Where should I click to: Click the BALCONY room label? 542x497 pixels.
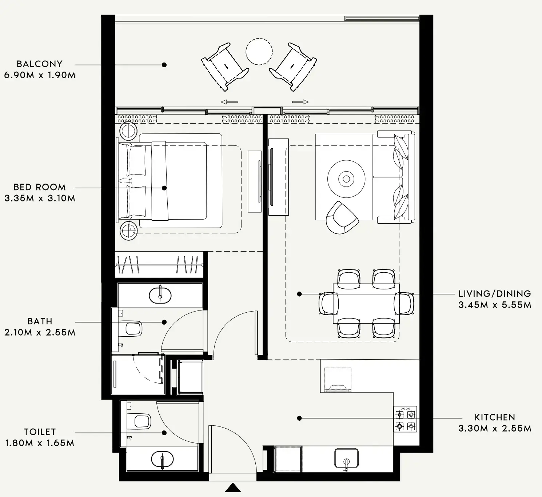click(39, 64)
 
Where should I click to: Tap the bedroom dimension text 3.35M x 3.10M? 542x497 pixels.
click(40, 199)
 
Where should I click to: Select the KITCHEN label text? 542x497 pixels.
click(494, 417)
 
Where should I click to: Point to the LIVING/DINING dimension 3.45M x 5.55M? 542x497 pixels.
click(494, 305)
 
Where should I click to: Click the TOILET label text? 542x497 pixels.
click(40, 432)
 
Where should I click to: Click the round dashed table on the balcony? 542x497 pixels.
click(259, 52)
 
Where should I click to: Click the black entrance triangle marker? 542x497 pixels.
click(233, 488)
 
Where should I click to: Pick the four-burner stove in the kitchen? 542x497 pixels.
click(405, 419)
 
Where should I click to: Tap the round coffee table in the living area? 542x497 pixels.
click(346, 179)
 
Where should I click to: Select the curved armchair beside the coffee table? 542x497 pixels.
click(341, 218)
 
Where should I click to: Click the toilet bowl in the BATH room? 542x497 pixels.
click(133, 329)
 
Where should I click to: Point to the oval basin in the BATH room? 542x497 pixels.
click(160, 295)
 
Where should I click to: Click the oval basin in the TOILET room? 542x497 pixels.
click(162, 459)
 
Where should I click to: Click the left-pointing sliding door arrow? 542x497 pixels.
click(229, 102)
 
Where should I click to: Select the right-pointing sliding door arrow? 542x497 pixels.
click(300, 102)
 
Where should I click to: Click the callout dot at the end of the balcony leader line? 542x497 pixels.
click(164, 65)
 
